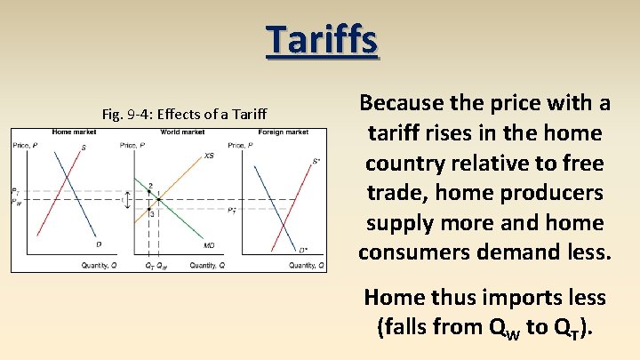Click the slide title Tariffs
[321, 40]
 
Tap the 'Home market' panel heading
[75, 132]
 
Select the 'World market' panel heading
[182, 132]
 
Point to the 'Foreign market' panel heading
[284, 132]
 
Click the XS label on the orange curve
[209, 156]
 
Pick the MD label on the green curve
[209, 244]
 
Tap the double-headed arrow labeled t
[127, 201]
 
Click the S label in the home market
[84, 148]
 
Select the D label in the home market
[98, 244]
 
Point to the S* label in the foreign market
[315, 162]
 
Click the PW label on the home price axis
[15, 201]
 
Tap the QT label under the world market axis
[148, 265]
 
